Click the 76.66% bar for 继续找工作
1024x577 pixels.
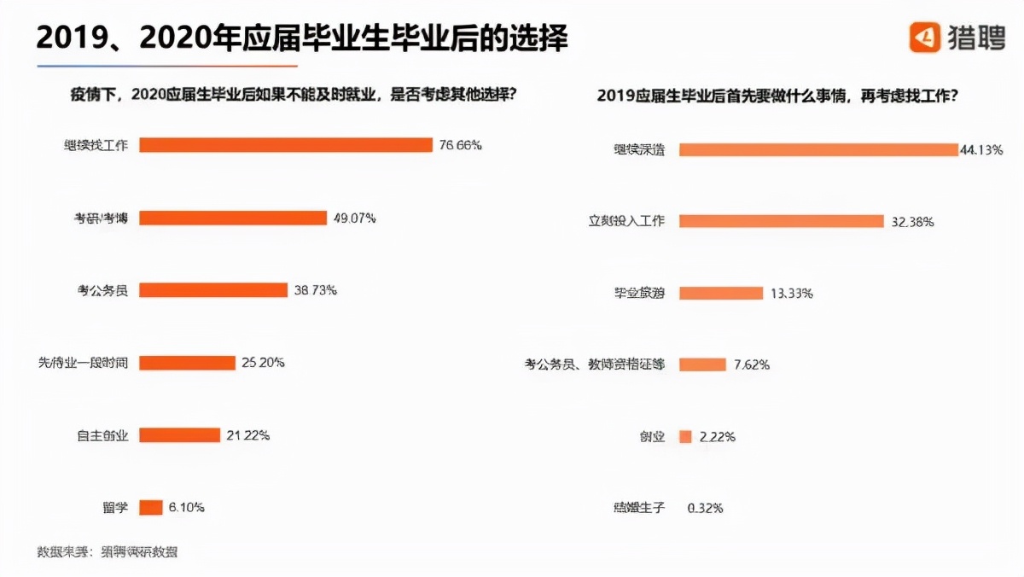coord(286,145)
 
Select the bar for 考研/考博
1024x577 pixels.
coord(233,218)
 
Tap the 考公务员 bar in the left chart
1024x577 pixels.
coord(213,290)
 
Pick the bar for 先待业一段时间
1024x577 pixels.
coord(187,363)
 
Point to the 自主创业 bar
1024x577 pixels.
coord(179,435)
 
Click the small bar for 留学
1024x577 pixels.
coord(150,507)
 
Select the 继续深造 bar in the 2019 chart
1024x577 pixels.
coord(818,149)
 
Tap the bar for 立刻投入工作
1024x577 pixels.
coord(781,221)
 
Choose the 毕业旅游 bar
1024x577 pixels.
coord(720,293)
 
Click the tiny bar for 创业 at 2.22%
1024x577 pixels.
coord(685,436)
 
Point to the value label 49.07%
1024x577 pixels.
coord(354,218)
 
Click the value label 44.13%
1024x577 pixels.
coord(981,149)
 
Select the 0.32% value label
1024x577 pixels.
coord(705,508)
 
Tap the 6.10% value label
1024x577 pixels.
coord(186,507)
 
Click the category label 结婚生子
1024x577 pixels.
coord(638,508)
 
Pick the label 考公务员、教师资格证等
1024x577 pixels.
coord(594,364)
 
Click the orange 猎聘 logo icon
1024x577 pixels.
coord(924,37)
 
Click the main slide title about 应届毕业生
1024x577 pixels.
coord(302,38)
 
